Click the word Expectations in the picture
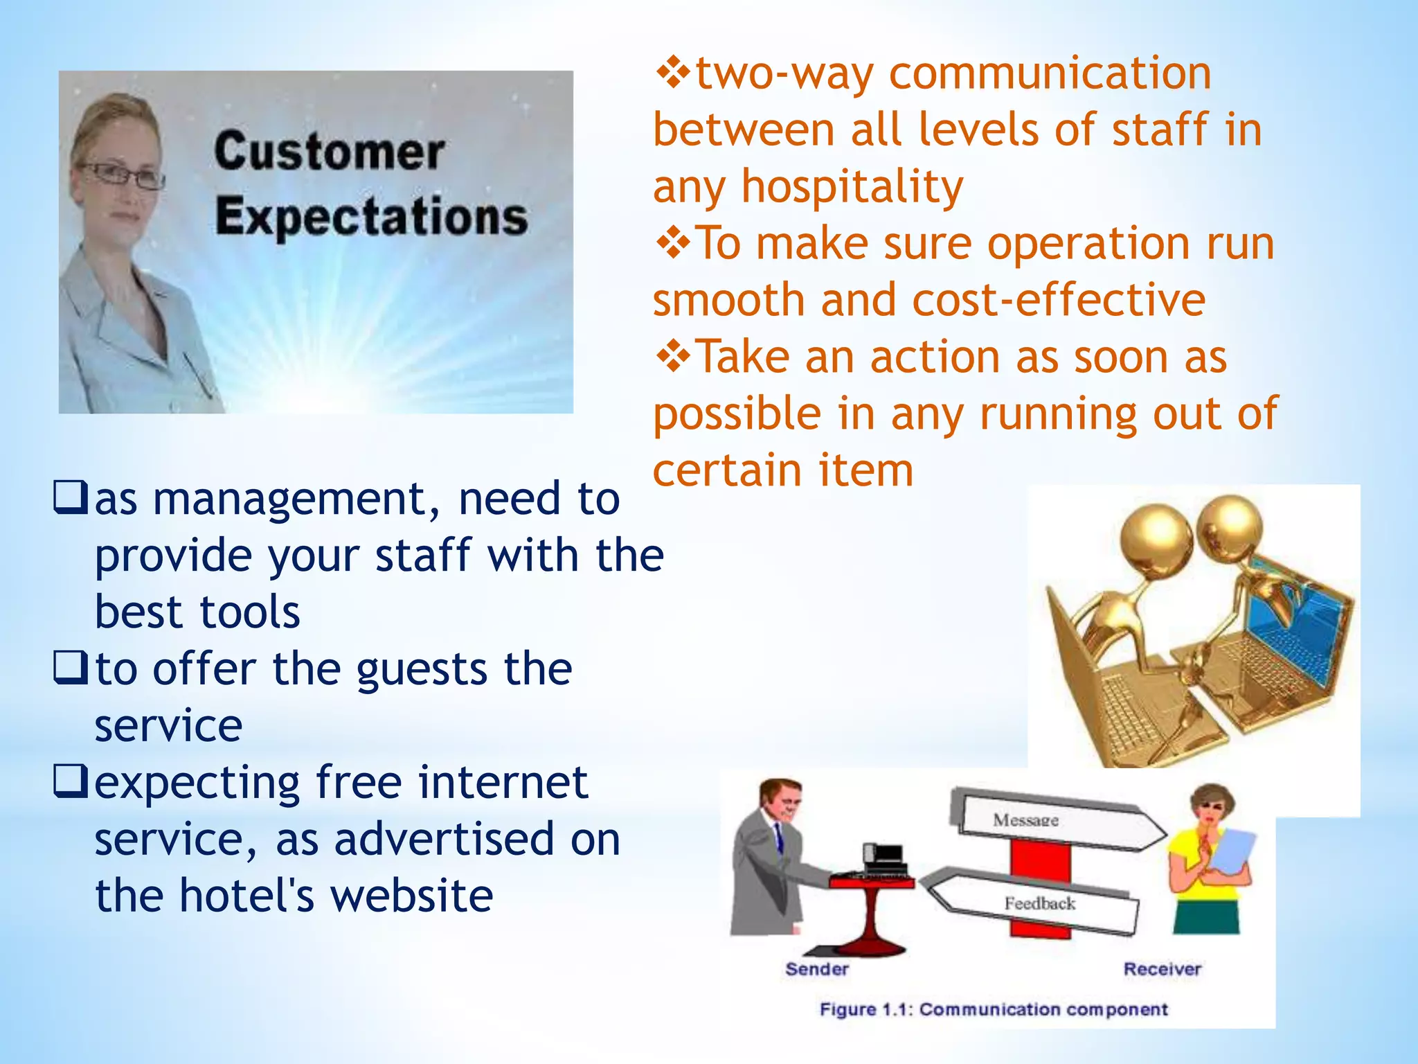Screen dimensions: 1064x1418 click(x=371, y=217)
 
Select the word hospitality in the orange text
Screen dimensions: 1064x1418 click(x=852, y=187)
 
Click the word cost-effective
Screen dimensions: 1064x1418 click(x=1059, y=301)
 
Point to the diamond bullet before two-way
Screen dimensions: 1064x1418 click(x=673, y=73)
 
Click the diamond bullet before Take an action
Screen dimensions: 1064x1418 click(x=673, y=357)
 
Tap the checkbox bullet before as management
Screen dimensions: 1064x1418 click(x=71, y=498)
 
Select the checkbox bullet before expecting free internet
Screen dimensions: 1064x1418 click(x=71, y=781)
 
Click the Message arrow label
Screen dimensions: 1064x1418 click(x=1025, y=821)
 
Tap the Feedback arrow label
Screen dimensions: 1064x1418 click(x=1039, y=903)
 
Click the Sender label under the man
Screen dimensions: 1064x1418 click(x=816, y=969)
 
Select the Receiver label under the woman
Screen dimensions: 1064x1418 click(x=1162, y=969)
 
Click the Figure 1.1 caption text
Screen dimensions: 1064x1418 click(x=993, y=1009)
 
